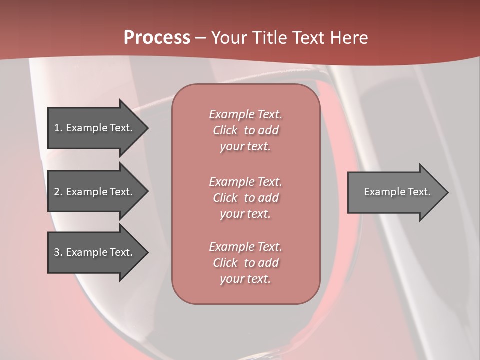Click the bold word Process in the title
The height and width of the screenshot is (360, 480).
(x=157, y=38)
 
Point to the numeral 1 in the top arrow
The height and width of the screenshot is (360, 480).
(x=57, y=128)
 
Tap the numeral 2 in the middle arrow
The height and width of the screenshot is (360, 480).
(x=57, y=192)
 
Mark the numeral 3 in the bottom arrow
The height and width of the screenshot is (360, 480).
(x=57, y=252)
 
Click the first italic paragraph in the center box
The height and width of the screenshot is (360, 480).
(x=245, y=130)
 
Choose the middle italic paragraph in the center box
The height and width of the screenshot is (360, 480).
(x=245, y=198)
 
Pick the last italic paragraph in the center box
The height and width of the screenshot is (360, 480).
(x=245, y=263)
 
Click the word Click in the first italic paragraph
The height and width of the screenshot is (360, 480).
(x=225, y=130)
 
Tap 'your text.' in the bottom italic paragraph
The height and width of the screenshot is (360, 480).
(x=245, y=279)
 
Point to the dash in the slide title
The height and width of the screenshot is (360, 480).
(x=200, y=38)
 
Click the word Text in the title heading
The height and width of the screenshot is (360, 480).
(x=308, y=38)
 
